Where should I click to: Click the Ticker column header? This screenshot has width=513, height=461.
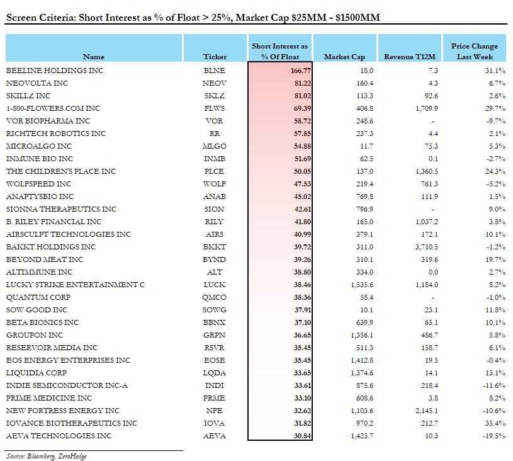pyautogui.click(x=215, y=57)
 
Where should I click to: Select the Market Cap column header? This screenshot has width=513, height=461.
pyautogui.click(x=344, y=57)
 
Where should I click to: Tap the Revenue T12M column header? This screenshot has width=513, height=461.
pyautogui.click(x=410, y=57)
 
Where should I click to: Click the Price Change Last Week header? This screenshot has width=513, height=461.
pyautogui.click(x=474, y=52)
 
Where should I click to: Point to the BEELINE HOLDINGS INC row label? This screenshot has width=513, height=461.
pyautogui.click(x=54, y=71)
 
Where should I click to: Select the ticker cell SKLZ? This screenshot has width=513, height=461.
pyautogui.click(x=215, y=96)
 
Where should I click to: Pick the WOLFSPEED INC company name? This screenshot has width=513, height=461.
pyautogui.click(x=40, y=184)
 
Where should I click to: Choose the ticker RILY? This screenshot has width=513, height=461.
pyautogui.click(x=215, y=222)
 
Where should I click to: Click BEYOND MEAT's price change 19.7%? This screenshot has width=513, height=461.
pyautogui.click(x=494, y=259)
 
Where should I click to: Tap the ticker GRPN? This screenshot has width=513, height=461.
pyautogui.click(x=215, y=335)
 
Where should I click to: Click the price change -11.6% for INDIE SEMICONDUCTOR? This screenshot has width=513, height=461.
pyautogui.click(x=492, y=385)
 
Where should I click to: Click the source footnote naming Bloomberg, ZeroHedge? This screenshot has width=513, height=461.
pyautogui.click(x=46, y=456)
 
